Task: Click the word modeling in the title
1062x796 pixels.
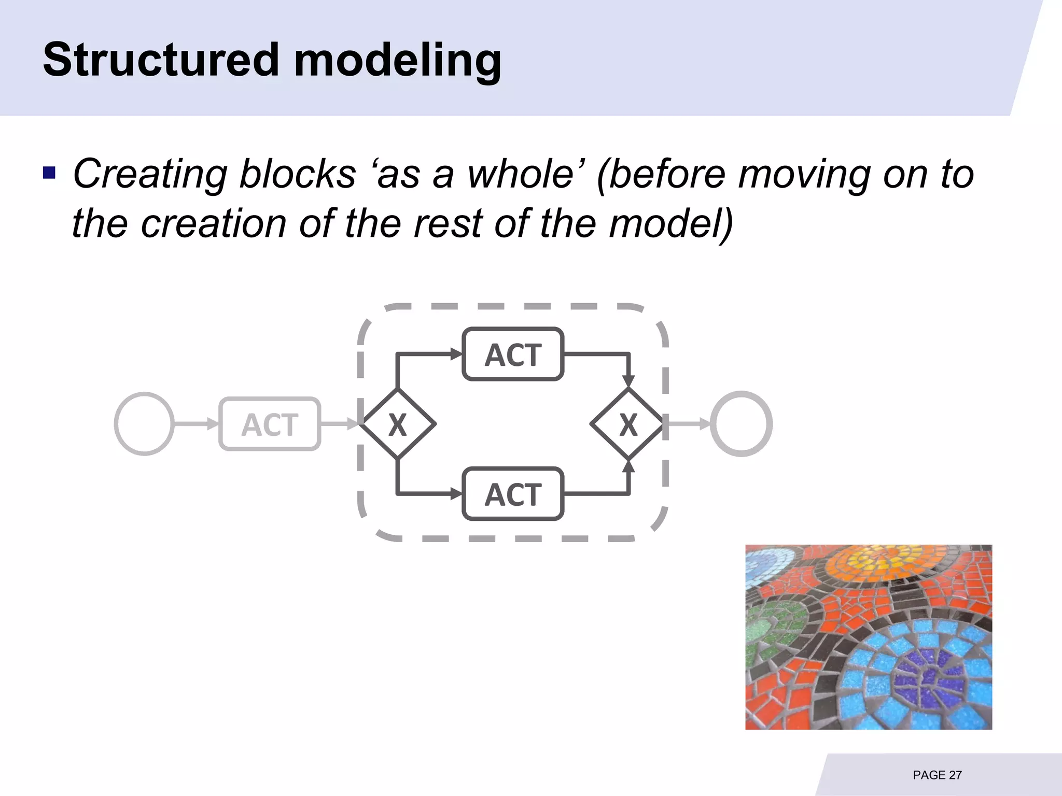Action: [398, 61]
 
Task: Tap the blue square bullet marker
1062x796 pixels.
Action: [49, 172]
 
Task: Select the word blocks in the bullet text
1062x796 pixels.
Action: [298, 174]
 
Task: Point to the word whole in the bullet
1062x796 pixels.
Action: [521, 174]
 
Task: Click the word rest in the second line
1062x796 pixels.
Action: [449, 223]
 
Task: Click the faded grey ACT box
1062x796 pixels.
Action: [270, 424]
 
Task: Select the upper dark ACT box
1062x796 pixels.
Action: [513, 354]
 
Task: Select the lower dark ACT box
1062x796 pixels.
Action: [513, 494]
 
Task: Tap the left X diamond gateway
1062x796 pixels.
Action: [398, 424]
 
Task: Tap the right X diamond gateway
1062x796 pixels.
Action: [628, 424]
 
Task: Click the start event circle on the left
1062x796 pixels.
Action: [144, 424]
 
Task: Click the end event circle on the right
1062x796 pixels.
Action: [741, 424]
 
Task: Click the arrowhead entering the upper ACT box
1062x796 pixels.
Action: [456, 354]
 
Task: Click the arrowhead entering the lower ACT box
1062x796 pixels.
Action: [456, 494]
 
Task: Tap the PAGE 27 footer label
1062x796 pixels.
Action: [937, 775]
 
